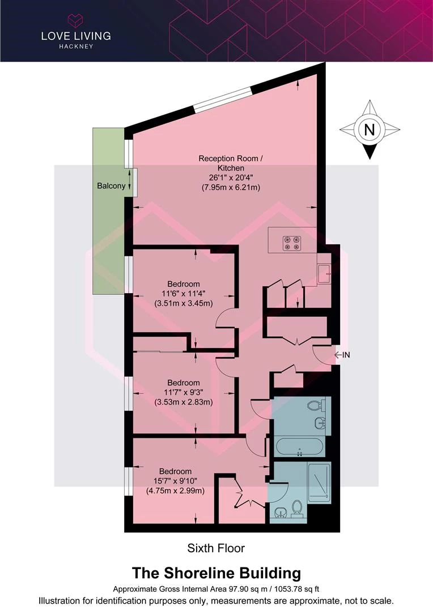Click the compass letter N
(x=370, y=129)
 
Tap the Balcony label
(x=111, y=186)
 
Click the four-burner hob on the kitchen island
(x=292, y=243)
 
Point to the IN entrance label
(x=346, y=355)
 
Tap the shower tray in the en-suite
(x=319, y=482)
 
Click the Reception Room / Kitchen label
(x=231, y=163)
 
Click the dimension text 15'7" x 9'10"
(x=175, y=481)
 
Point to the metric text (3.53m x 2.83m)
(x=184, y=402)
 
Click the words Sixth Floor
(x=216, y=548)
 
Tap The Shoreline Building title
(x=216, y=573)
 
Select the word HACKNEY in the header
(x=76, y=46)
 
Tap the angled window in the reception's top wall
(x=223, y=99)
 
